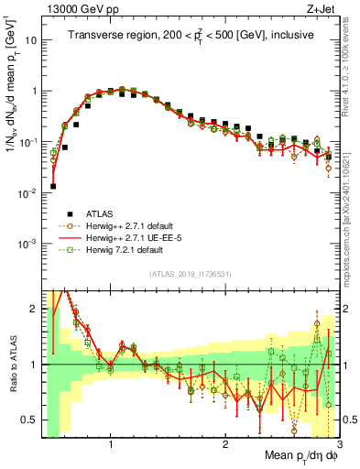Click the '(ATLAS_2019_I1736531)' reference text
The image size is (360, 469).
[190, 275]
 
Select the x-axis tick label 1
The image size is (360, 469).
[111, 446]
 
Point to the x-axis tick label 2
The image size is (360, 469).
[225, 446]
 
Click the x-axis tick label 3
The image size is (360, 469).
[339, 446]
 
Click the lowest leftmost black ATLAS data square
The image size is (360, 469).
[53, 186]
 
